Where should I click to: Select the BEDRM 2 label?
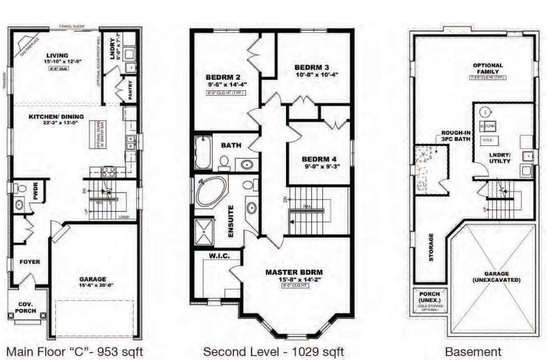223,76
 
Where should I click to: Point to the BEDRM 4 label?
320,159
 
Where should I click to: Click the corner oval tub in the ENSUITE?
210,192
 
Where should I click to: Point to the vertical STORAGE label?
431,246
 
